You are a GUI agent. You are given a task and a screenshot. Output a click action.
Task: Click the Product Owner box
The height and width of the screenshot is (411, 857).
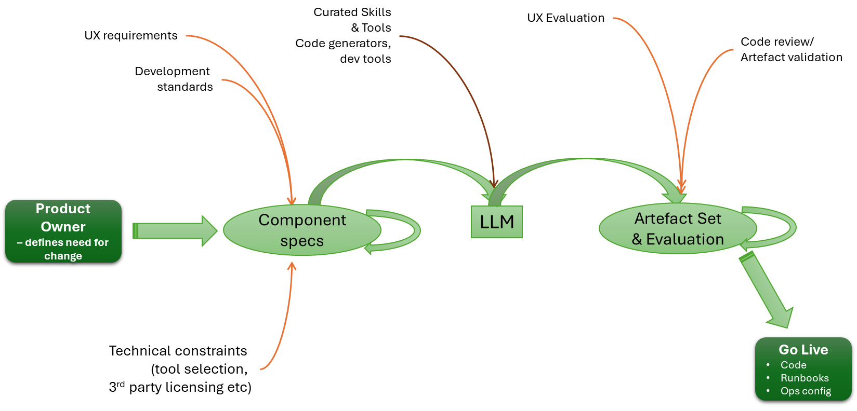click(x=63, y=231)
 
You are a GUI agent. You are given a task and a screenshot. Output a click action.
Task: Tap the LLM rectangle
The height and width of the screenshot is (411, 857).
click(x=496, y=222)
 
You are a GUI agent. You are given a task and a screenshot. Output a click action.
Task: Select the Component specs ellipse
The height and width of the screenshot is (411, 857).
click(x=301, y=230)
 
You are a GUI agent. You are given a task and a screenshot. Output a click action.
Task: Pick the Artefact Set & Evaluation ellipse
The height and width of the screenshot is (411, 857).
click(x=677, y=229)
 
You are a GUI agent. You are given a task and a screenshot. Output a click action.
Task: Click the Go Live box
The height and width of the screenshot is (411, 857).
click(x=803, y=369)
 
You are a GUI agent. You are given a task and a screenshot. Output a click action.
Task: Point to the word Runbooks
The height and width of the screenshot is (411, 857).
click(x=805, y=378)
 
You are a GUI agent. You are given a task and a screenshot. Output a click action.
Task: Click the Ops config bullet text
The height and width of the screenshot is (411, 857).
click(x=806, y=391)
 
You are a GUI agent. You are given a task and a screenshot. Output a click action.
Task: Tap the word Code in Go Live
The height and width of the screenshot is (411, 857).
click(x=793, y=365)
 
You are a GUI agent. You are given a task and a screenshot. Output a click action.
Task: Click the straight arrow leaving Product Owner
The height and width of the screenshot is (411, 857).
click(x=174, y=231)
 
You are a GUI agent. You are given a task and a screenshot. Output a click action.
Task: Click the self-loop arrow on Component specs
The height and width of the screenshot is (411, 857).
click(x=411, y=230)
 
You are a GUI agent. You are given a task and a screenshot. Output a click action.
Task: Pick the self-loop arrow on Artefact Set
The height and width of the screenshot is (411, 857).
click(x=787, y=227)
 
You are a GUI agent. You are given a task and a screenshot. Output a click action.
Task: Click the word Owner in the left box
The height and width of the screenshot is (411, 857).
click(x=63, y=227)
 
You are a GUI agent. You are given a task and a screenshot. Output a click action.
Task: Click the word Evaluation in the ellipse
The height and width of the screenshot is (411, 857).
click(x=684, y=239)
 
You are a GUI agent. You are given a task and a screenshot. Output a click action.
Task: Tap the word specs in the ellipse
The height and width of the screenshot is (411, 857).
click(x=301, y=241)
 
